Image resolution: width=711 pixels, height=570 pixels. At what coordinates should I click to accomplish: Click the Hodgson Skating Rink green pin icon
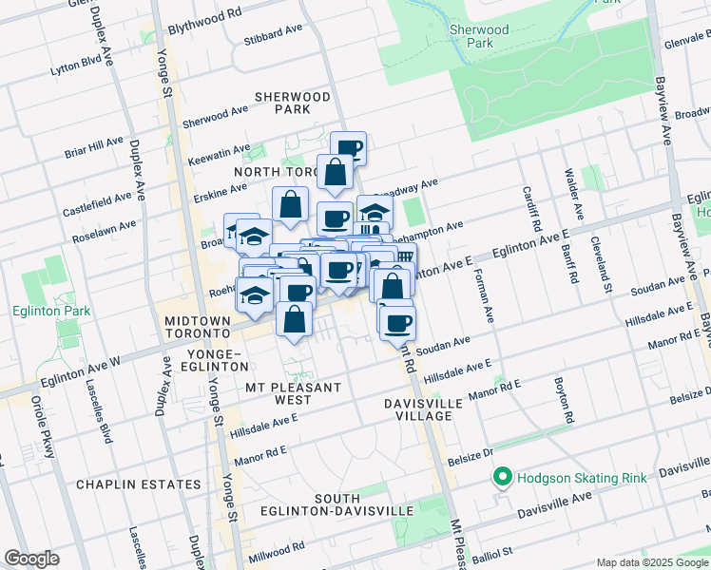click(x=501, y=477)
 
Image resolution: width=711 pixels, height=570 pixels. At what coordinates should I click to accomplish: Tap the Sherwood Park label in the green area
click(x=472, y=36)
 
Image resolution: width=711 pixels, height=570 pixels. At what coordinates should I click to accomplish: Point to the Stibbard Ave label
click(x=273, y=35)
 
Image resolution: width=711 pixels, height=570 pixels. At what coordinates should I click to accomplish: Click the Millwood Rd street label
click(x=278, y=552)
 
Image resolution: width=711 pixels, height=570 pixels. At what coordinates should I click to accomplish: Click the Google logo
click(x=32, y=559)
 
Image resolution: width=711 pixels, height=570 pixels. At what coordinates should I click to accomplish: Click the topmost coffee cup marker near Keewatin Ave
click(x=348, y=147)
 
